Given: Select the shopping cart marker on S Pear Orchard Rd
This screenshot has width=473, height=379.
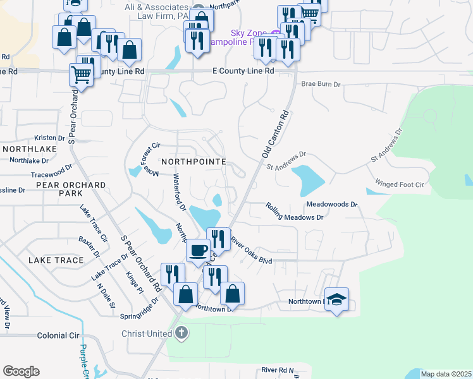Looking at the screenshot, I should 82,74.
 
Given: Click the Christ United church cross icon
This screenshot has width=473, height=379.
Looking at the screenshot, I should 181,333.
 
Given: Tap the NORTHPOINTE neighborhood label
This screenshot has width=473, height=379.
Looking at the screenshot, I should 193,162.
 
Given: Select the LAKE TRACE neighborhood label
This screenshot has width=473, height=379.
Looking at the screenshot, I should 56,260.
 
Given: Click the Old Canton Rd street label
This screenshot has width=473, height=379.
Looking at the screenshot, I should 276,135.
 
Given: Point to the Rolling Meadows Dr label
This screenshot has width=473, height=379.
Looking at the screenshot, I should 294,212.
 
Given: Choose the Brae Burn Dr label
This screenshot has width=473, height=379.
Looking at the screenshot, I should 321,84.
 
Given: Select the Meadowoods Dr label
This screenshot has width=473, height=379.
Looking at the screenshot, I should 332,205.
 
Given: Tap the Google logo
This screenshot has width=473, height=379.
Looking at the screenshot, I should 21,371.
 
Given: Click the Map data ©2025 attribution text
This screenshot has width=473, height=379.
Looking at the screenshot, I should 446,374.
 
